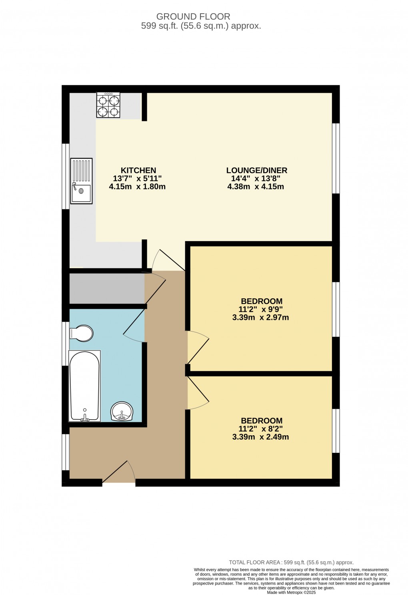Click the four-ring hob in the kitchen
108,105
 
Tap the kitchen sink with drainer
81,181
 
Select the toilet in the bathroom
82,333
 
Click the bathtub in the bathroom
84,386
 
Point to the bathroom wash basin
122,411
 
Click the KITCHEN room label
138,170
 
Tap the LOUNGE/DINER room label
256,170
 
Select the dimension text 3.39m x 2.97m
260,318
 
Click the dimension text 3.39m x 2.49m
260,437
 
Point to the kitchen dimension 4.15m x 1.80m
137,187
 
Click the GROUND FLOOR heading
193,16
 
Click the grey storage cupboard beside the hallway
107,288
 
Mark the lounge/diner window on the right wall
336,158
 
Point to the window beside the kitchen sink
65,176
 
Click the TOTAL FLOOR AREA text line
291,562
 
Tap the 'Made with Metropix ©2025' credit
291,592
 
